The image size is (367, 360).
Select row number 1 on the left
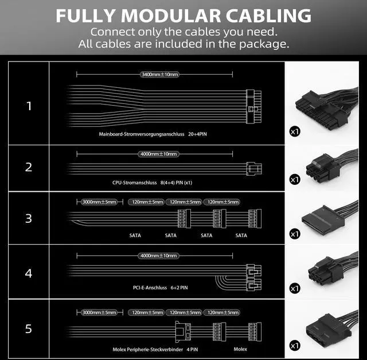[29, 106]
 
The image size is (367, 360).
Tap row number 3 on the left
[29, 218]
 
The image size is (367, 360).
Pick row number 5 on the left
[29, 329]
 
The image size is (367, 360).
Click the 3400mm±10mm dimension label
[159, 74]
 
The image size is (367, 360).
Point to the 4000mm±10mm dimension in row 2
[158, 154]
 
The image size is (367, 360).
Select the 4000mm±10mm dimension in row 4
[158, 255]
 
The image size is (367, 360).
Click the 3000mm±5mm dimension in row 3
[100, 202]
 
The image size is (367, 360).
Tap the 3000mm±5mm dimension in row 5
[100, 312]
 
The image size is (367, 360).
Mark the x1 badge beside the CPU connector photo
[295, 180]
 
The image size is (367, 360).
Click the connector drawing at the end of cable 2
[251, 168]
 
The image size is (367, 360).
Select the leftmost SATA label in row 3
[135, 235]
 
